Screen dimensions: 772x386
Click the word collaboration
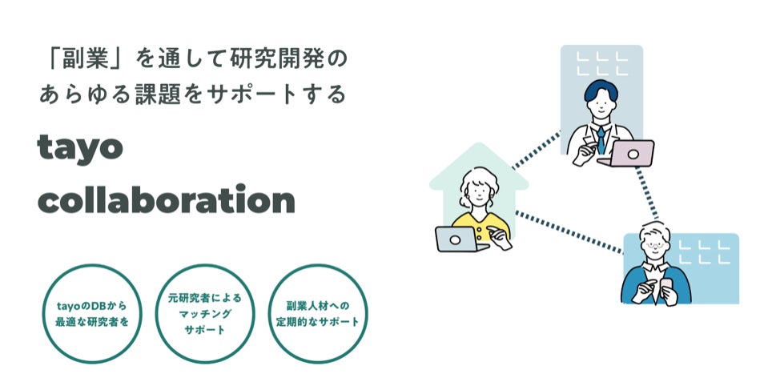pos(167,200)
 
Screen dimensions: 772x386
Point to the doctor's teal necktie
pos(600,141)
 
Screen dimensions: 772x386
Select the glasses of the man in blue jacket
pos(654,243)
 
